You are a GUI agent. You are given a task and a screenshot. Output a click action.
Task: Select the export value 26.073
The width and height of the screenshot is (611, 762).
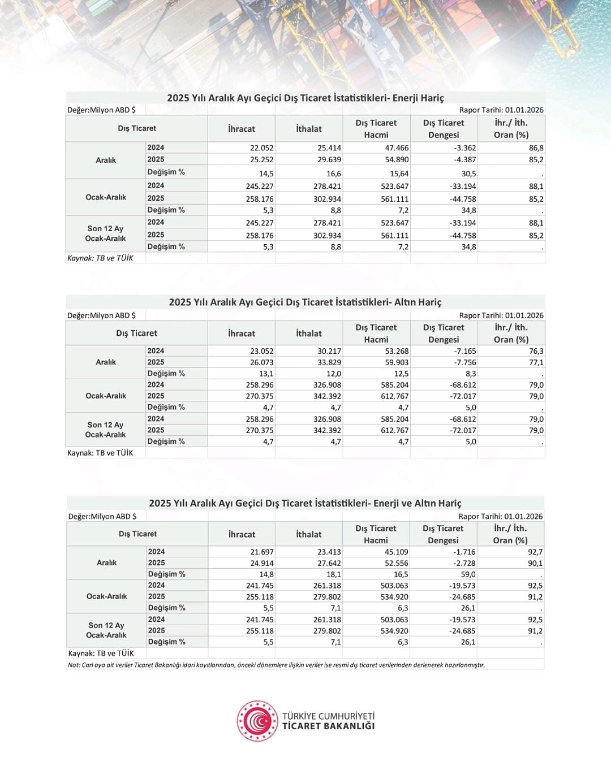coord(262,362)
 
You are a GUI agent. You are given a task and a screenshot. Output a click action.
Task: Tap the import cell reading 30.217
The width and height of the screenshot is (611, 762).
coord(329,351)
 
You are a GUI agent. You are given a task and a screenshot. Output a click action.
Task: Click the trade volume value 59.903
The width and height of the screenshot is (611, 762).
coord(397,362)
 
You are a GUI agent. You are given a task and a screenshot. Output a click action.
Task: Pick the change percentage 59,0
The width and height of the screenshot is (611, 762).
coord(468,574)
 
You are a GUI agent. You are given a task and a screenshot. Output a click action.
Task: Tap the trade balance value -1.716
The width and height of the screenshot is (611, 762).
coord(464,552)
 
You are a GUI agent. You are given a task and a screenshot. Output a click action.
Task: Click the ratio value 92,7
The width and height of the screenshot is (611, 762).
coord(535,552)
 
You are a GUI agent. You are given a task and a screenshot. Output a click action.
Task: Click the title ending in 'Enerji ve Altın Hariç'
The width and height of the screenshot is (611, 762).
coord(305,503)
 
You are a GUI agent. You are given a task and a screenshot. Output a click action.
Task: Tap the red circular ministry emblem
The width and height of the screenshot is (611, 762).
coord(257,721)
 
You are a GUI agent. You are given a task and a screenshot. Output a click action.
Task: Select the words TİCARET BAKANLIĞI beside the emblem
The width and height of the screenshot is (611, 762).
coord(328,726)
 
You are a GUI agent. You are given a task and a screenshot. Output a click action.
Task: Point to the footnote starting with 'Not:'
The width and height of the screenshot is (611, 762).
coord(276,665)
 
